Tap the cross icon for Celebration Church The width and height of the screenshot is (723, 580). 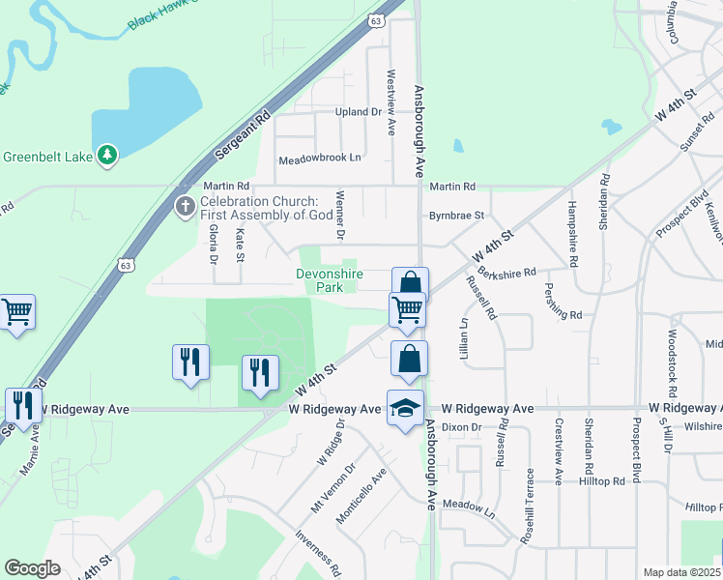[186, 205]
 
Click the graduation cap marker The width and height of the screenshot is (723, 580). [405, 410]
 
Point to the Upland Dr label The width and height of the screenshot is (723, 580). [359, 112]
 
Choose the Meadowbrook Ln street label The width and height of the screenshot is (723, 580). [319, 159]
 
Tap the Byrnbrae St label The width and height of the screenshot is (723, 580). [456, 217]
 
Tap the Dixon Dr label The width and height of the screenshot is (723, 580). [462, 427]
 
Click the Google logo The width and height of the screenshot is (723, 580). [32, 567]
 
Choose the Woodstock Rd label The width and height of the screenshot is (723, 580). [671, 370]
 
